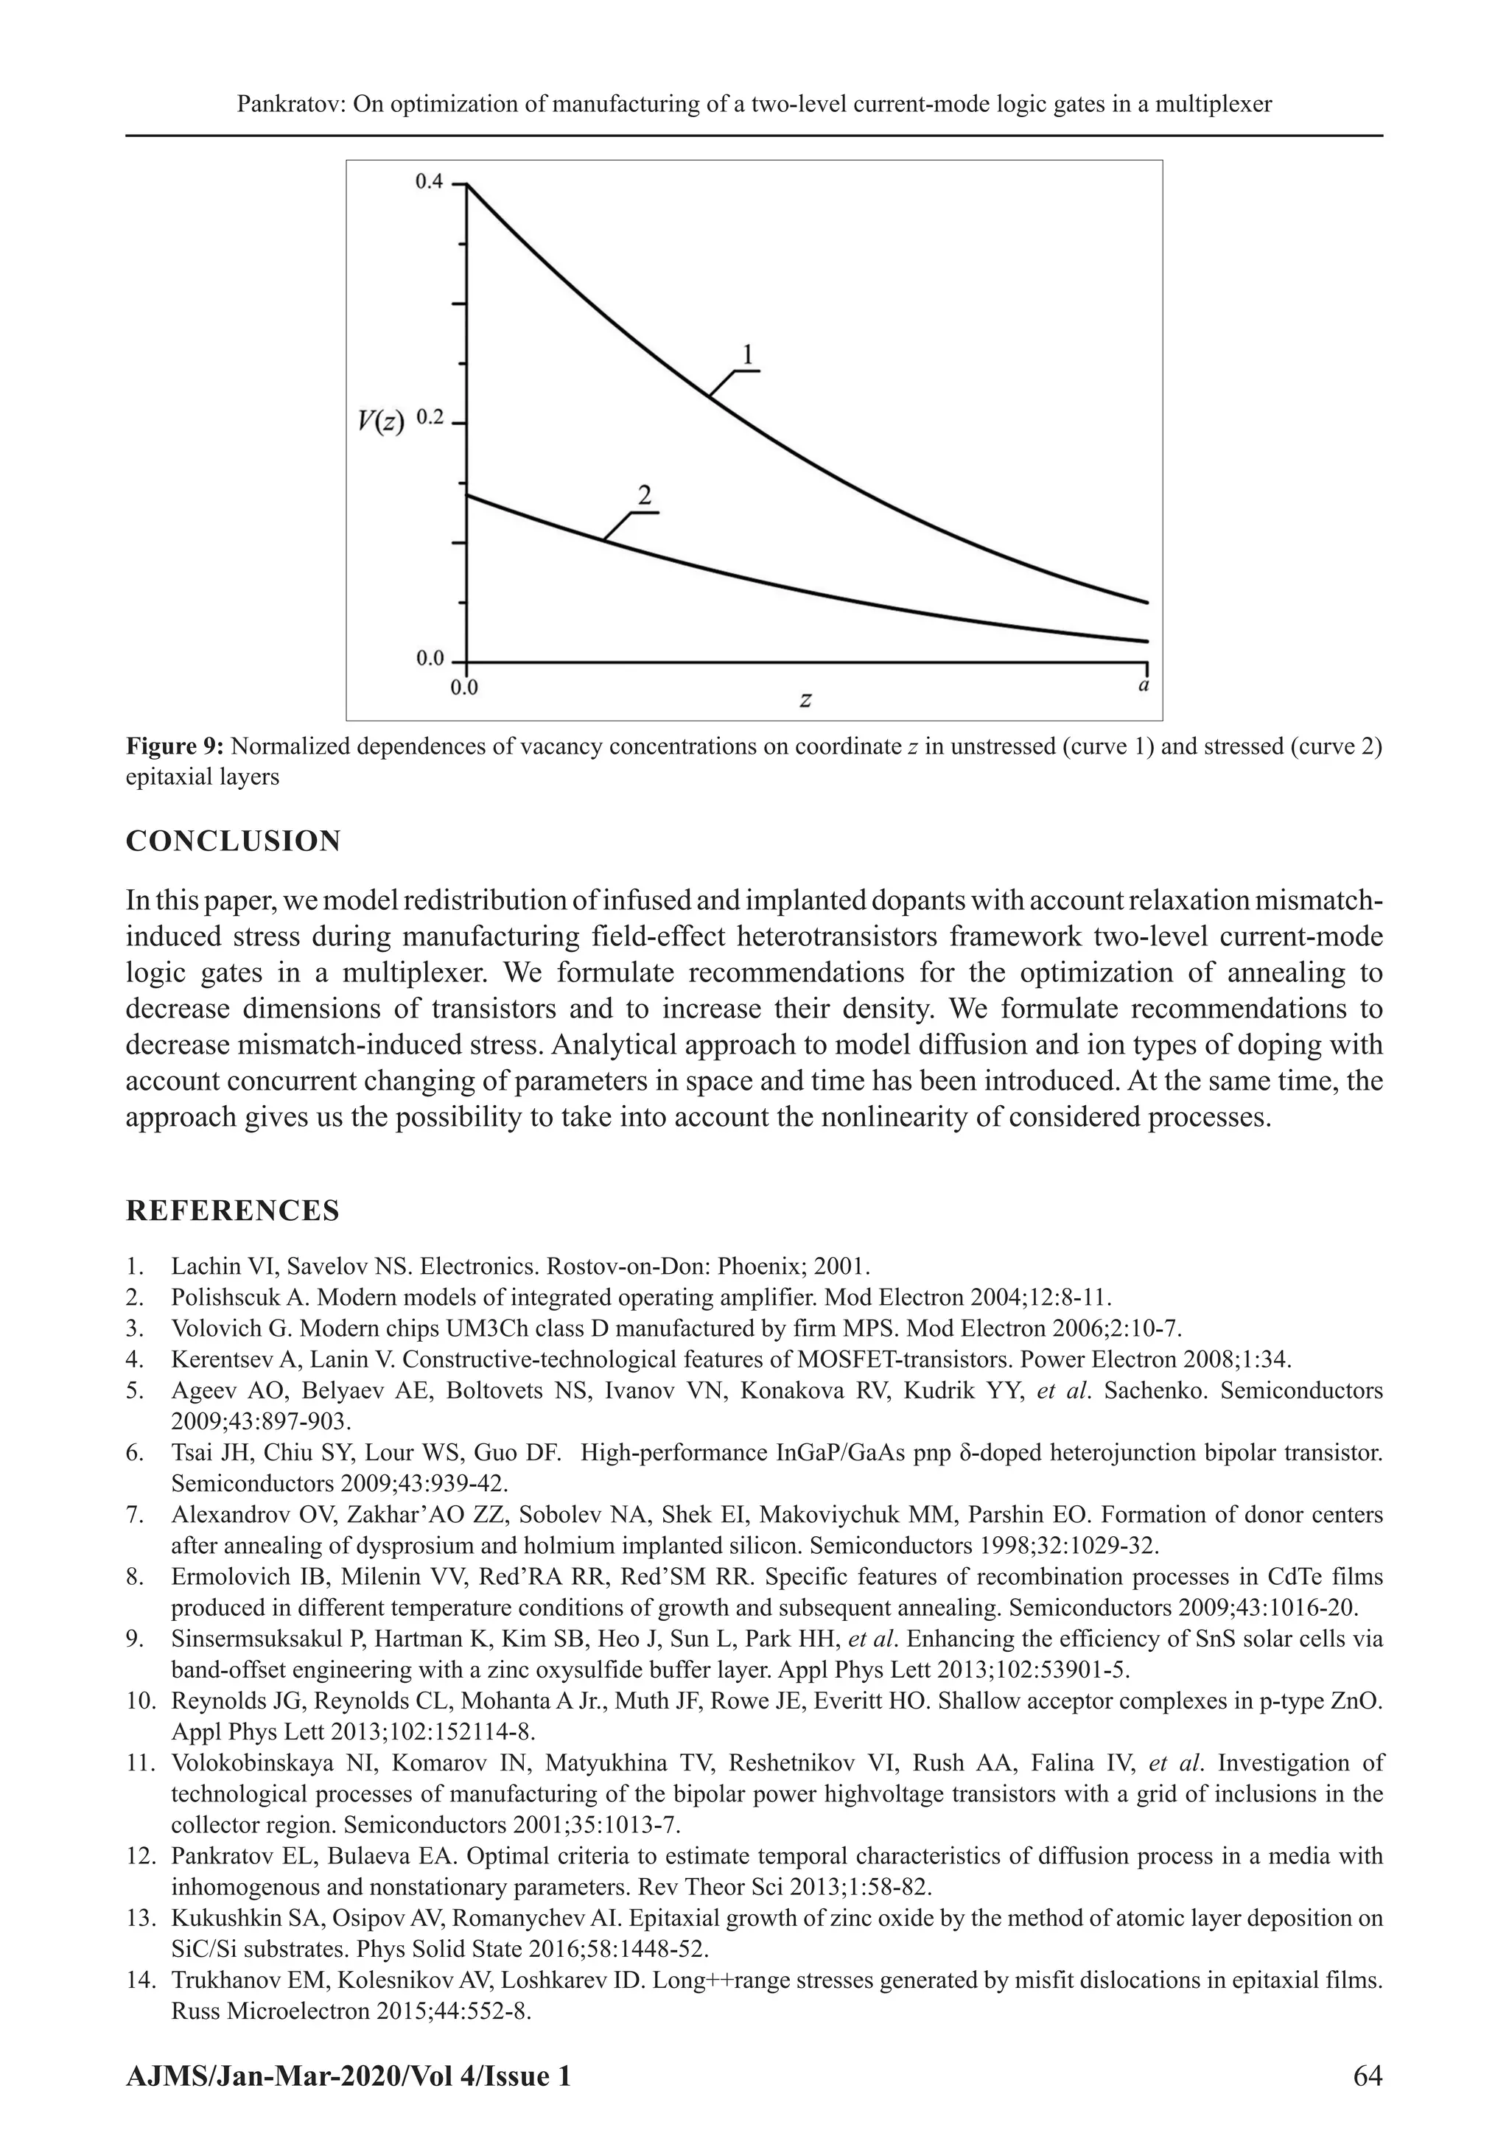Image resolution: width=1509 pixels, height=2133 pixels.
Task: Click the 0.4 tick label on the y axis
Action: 428,182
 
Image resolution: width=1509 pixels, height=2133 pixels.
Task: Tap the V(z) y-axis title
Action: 381,423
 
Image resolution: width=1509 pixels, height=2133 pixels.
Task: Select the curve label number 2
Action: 645,495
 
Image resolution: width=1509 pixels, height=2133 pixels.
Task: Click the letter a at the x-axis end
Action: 1143,687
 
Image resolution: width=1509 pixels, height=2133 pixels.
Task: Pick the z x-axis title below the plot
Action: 805,699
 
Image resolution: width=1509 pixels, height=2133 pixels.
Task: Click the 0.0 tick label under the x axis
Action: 463,688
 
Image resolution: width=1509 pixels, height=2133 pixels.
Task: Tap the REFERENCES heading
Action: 232,1211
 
